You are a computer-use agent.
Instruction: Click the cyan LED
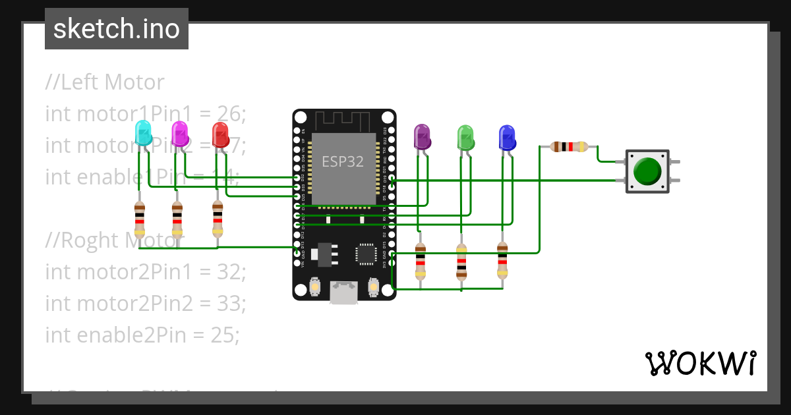coord(142,134)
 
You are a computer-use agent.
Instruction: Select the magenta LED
coord(179,134)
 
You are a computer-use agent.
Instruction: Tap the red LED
coord(220,134)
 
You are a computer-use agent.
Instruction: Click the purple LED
coord(422,137)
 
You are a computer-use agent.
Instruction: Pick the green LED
coord(466,137)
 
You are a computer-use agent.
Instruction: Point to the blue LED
coord(506,137)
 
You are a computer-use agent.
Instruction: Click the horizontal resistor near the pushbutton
coord(569,146)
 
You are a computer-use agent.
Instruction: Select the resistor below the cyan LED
coord(139,218)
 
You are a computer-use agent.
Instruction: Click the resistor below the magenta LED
coord(177,218)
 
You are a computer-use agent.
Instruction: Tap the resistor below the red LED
coord(218,218)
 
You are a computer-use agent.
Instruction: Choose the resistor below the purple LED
coord(420,261)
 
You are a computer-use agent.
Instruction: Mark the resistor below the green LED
coord(461,261)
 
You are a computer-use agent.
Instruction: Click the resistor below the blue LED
coord(502,261)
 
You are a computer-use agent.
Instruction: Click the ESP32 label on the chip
coord(342,161)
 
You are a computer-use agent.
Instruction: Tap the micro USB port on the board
coord(344,292)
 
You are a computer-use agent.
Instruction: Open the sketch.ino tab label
coord(117,29)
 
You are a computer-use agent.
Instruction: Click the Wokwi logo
coord(700,363)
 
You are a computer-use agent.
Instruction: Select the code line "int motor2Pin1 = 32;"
coord(145,271)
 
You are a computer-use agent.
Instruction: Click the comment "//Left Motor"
coord(105,82)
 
